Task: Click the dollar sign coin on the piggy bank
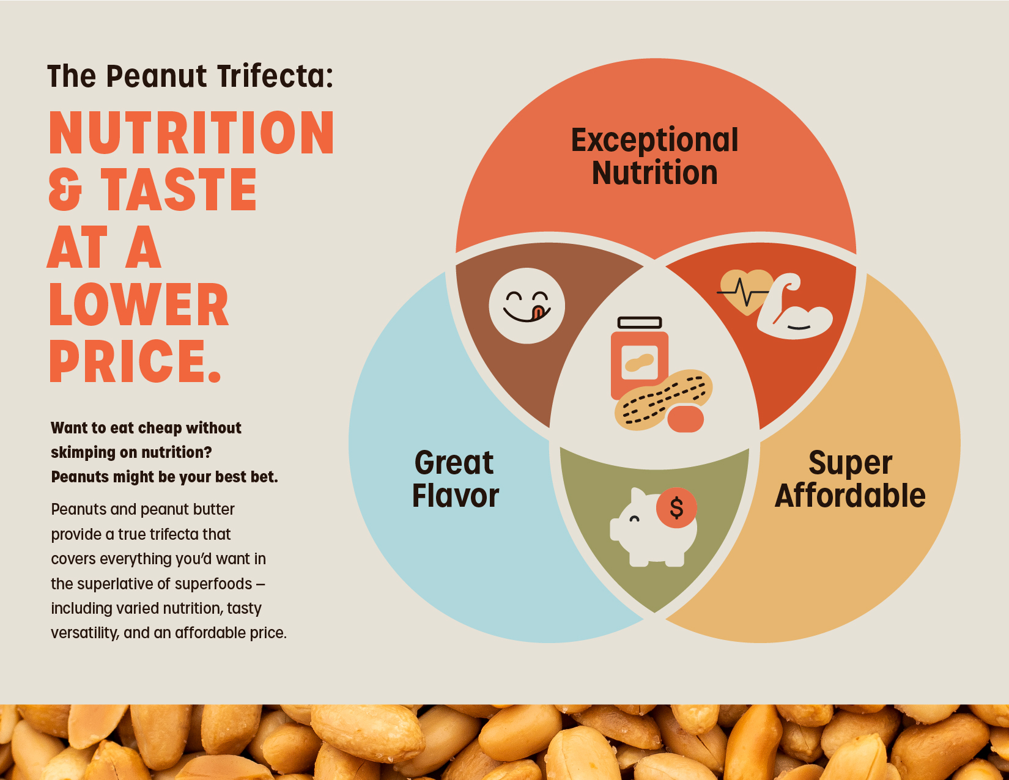pos(676,508)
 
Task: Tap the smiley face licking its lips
pos(527,306)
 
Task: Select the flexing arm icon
pos(795,309)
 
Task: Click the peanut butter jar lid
pos(639,322)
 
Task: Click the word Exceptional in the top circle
pos(654,141)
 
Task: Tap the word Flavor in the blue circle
pos(456,496)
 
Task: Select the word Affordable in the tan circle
pos(850,496)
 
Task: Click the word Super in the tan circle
pos(850,463)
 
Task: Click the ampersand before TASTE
pos(65,190)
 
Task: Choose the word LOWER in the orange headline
pos(138,306)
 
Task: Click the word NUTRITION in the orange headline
pos(191,133)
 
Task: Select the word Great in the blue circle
pos(454,463)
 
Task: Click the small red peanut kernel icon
pos(686,419)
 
